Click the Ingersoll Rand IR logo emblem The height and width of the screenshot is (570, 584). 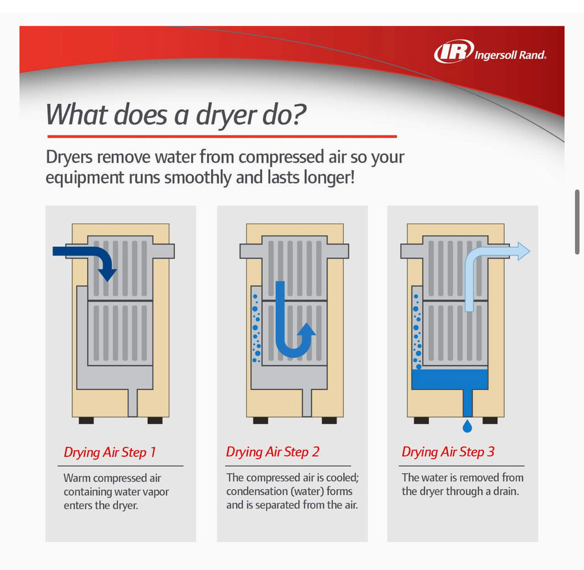coord(453,51)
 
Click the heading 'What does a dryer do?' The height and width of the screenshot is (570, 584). coord(176,115)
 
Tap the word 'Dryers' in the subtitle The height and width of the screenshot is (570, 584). coord(69,158)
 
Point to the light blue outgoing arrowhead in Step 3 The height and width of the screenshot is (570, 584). coord(524,251)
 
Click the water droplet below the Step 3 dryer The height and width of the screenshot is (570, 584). coord(467,426)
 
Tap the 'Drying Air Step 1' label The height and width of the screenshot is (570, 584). coord(109,452)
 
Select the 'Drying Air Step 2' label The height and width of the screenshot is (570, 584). coord(273,452)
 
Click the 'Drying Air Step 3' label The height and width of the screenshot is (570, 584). coord(448,452)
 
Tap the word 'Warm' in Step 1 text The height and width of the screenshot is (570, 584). coord(76,478)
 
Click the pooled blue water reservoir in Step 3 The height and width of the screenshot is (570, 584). coord(450,379)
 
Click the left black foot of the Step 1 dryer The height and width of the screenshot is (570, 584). coord(86,420)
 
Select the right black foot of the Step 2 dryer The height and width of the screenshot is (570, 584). coord(329,420)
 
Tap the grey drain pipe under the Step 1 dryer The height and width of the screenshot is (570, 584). coord(132,403)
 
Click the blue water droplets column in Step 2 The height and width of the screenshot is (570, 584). coord(256,328)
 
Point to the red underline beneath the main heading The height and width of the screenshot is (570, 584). coord(222,137)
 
